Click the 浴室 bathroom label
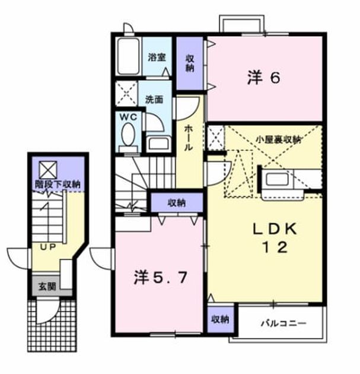point(157,58)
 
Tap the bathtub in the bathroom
point(129,56)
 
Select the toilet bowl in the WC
point(128,135)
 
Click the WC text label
point(128,117)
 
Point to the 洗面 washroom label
point(154,100)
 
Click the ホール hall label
point(189,139)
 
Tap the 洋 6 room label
point(264,78)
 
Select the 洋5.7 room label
point(160,278)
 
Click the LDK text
point(275,229)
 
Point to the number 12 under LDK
point(275,247)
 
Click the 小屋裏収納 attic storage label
point(278,140)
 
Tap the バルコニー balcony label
point(283,324)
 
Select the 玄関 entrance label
point(47,286)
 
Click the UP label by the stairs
point(48,247)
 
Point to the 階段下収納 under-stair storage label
point(58,185)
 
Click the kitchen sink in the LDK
point(277,179)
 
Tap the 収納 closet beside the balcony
point(221,319)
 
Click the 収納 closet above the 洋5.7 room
point(177,203)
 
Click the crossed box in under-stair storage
point(48,170)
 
